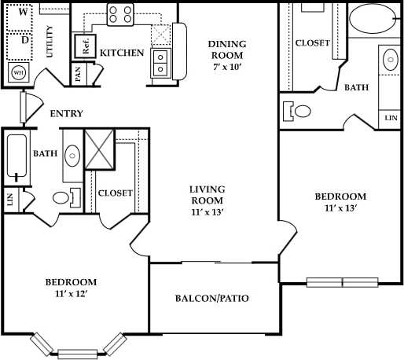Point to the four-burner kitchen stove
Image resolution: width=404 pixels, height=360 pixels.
120,13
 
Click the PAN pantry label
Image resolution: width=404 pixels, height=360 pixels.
78,74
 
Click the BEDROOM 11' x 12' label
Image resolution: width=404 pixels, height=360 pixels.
70,287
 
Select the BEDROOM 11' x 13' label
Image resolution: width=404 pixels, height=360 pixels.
340,202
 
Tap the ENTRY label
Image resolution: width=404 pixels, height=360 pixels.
66,114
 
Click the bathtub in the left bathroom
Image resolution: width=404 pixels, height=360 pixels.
16,155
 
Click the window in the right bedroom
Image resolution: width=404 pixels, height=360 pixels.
342,282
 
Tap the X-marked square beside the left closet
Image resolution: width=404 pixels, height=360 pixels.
100,148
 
